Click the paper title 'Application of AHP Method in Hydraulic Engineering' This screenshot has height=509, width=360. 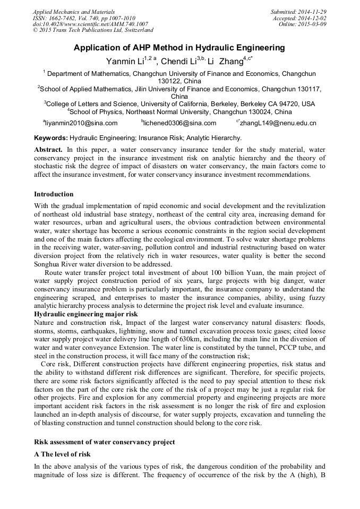(x=179, y=48)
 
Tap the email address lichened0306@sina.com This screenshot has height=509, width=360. (x=180, y=123)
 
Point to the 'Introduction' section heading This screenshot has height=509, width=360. (x=54, y=194)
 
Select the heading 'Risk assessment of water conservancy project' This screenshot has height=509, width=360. (x=104, y=442)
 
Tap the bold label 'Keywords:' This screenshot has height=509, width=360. (x=51, y=138)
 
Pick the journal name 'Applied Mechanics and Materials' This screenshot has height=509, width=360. (x=74, y=12)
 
